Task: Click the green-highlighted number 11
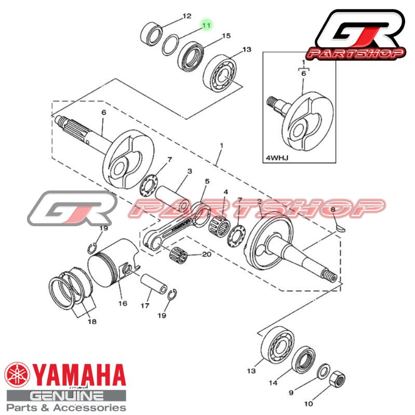tap(206, 25)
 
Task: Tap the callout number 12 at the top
tap(187, 16)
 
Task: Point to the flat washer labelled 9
tap(323, 371)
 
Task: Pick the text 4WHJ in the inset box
tap(277, 158)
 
